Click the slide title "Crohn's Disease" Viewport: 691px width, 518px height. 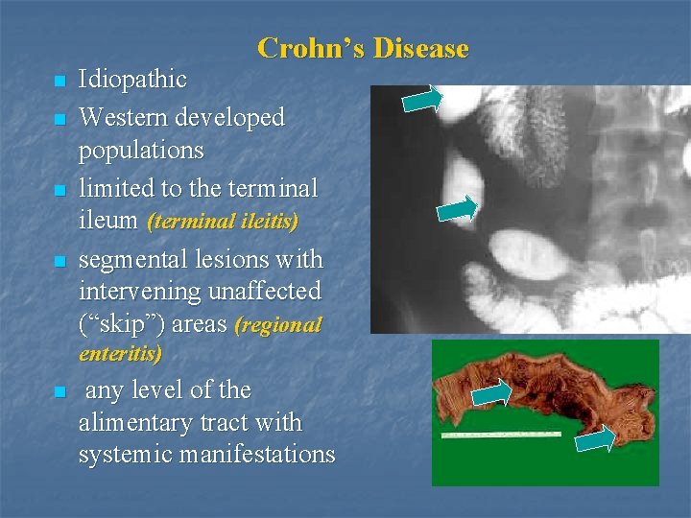pyautogui.click(x=363, y=48)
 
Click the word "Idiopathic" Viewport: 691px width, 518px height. pyautogui.click(x=132, y=80)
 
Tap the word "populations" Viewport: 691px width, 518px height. pyautogui.click(x=141, y=151)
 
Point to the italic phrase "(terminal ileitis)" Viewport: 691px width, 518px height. pyautogui.click(x=223, y=222)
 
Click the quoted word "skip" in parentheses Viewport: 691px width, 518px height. pyautogui.click(x=116, y=324)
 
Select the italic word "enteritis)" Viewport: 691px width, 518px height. pyautogui.click(x=120, y=354)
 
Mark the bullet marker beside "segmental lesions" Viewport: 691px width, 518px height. pyautogui.click(x=60, y=262)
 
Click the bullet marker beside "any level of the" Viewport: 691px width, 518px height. pyautogui.click(x=60, y=392)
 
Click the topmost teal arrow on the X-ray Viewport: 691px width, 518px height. pyautogui.click(x=422, y=98)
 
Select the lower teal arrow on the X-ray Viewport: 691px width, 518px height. pyautogui.click(x=457, y=209)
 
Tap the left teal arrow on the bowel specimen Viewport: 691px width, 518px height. pyautogui.click(x=493, y=391)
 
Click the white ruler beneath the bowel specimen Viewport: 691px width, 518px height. pyautogui.click(x=500, y=435)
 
